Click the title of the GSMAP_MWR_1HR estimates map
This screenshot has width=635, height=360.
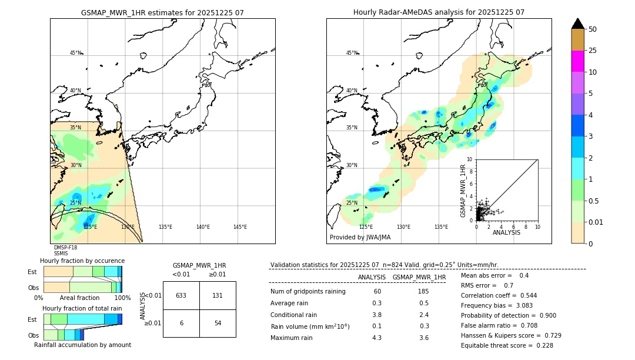tap(162, 12)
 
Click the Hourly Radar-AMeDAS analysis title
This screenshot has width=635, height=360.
tap(439, 12)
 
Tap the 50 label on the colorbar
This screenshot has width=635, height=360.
tap(593, 29)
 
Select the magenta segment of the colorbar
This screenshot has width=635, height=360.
tap(577, 61)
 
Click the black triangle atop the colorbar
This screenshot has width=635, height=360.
tap(577, 24)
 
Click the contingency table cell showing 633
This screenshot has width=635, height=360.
tap(181, 295)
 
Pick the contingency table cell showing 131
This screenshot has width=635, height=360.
tap(218, 295)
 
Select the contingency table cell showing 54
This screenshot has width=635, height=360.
tap(218, 324)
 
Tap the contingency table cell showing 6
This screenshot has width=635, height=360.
tap(181, 324)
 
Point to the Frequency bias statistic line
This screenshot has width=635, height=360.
tap(497, 306)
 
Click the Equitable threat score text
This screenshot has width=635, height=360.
tap(507, 345)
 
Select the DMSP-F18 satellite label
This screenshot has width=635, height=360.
tap(65, 248)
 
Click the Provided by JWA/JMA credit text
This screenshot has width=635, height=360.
tap(360, 238)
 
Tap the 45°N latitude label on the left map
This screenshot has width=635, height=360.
tap(75, 53)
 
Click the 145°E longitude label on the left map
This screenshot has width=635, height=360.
tap(240, 227)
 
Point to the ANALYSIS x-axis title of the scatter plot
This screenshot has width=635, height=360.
tap(506, 233)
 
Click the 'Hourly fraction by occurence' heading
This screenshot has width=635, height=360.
tap(82, 261)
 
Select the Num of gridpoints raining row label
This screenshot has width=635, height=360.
tap(308, 291)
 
